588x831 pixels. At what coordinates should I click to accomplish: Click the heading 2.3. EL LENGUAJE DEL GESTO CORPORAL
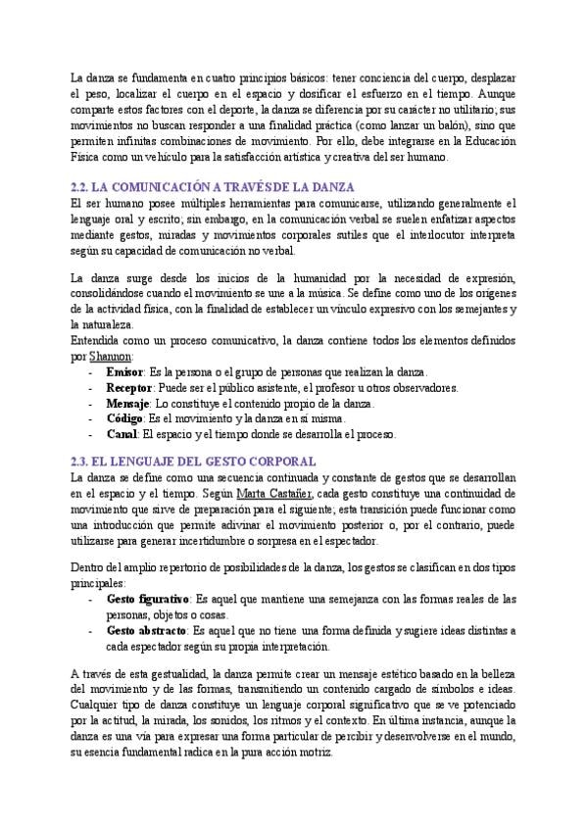(194, 461)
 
